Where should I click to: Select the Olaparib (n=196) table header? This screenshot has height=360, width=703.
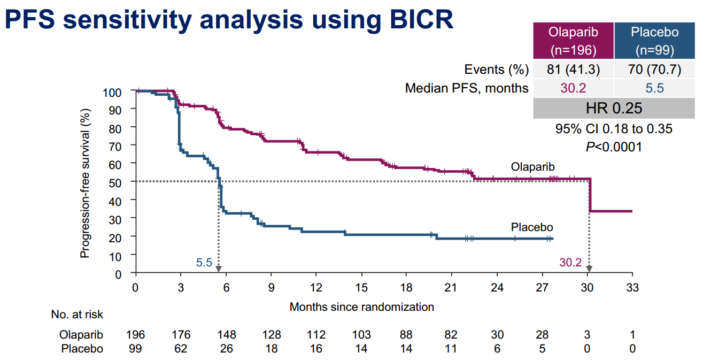click(573, 41)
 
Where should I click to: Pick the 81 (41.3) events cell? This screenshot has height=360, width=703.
click(573, 70)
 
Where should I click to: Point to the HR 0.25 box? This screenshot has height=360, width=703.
click(614, 109)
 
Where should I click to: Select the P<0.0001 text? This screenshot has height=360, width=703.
click(614, 147)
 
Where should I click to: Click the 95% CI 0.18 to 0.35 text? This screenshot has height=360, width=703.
click(614, 129)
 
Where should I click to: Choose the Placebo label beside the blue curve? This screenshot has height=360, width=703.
click(532, 227)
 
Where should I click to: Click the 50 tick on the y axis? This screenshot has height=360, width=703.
click(121, 182)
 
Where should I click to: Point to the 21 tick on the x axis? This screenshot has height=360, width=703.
click(451, 288)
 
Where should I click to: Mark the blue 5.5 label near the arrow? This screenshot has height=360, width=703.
click(204, 263)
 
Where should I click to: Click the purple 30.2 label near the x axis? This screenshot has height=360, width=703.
click(570, 263)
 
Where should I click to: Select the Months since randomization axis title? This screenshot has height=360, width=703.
click(362, 307)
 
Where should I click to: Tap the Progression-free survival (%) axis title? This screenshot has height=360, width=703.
click(85, 182)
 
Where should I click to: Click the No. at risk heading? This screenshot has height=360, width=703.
click(77, 315)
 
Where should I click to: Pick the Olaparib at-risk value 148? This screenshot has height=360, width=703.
click(226, 335)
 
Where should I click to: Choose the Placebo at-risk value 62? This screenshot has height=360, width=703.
click(181, 349)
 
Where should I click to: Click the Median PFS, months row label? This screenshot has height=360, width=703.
click(467, 88)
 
